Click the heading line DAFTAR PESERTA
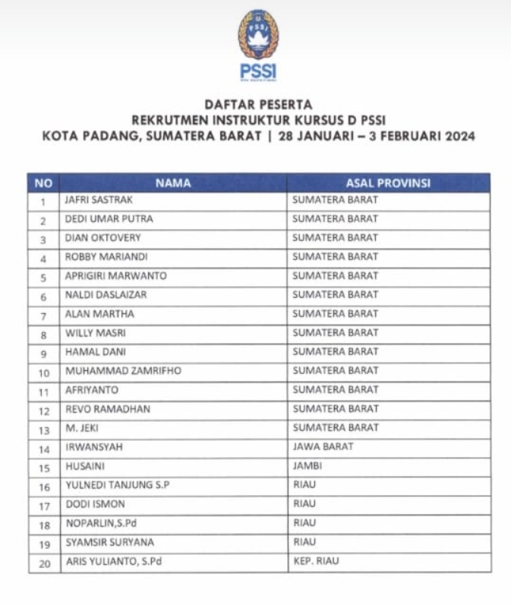pyautogui.click(x=258, y=104)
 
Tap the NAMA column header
pyautogui.click(x=173, y=183)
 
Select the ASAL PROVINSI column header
pyautogui.click(x=388, y=183)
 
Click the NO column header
pyautogui.click(x=44, y=183)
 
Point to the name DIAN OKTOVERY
pyautogui.click(x=103, y=238)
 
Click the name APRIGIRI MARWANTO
pyautogui.click(x=115, y=276)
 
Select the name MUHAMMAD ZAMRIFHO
pyautogui.click(x=123, y=371)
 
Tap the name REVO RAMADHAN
pyautogui.click(x=107, y=409)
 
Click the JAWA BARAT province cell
pyautogui.click(x=323, y=447)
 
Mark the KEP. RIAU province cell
pyautogui.click(x=315, y=562)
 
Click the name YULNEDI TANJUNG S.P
pyautogui.click(x=118, y=485)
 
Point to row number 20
pyautogui.click(x=44, y=563)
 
